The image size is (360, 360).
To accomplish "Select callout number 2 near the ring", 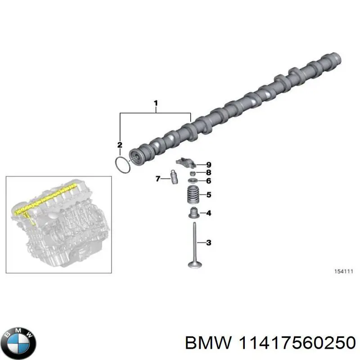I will click(x=120, y=144).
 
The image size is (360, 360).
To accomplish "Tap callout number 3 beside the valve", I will click(x=208, y=243).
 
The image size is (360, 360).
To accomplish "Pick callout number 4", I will click(x=208, y=213).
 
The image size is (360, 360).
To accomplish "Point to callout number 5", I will click(x=208, y=195).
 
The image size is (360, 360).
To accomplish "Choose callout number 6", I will click(x=208, y=181).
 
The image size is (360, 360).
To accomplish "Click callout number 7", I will click(x=158, y=179).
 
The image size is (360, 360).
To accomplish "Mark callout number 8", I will click(x=208, y=172).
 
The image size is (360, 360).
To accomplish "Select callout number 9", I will click(x=208, y=165).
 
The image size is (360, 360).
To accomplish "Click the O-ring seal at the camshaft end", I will click(x=122, y=164).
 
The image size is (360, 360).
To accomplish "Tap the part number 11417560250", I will click(x=296, y=344).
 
